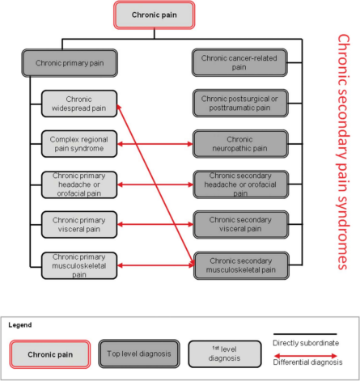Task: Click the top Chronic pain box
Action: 154,15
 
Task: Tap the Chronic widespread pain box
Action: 78,104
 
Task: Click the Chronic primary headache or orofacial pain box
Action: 78,183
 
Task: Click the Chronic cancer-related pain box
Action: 240,62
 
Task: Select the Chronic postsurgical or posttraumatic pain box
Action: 240,104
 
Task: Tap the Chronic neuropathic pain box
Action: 240,144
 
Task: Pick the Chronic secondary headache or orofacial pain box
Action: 240,183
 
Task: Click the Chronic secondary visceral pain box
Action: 240,222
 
